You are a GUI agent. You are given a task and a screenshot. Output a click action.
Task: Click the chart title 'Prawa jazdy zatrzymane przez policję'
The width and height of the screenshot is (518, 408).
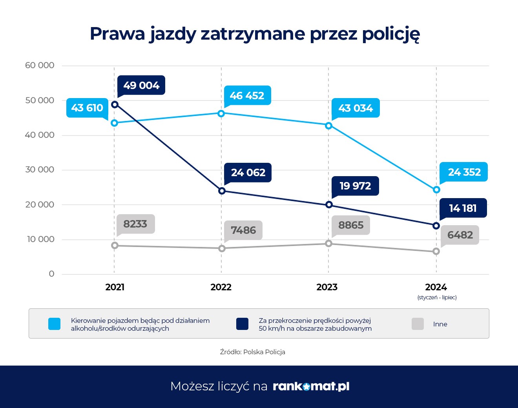click(255, 34)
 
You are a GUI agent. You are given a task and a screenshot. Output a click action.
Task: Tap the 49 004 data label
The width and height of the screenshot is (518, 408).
click(141, 85)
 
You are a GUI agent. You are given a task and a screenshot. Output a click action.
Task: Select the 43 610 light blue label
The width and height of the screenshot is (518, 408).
click(87, 107)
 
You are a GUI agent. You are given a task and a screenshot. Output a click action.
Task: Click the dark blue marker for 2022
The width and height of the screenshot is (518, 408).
click(222, 191)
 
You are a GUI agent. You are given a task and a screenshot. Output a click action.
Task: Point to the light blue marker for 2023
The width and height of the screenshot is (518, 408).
click(329, 126)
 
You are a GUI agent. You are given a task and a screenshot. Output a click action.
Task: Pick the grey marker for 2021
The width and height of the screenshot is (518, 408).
click(115, 246)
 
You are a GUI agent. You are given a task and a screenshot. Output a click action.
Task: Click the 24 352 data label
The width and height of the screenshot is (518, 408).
click(464, 172)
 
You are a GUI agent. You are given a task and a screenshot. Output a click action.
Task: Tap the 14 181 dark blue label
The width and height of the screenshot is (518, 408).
click(463, 208)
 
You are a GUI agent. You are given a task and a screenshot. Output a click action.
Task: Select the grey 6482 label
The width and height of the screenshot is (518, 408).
click(460, 235)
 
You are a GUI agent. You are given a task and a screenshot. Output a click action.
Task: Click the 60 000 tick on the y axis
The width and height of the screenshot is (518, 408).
click(40, 66)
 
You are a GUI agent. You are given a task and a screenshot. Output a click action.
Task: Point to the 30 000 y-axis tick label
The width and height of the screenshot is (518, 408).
click(40, 170)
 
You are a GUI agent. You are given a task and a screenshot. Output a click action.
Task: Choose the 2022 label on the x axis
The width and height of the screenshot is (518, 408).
click(221, 287)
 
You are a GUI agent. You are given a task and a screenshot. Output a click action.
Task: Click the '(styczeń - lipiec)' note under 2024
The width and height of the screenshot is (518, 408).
click(437, 297)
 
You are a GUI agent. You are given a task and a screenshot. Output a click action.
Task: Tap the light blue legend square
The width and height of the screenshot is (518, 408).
click(54, 324)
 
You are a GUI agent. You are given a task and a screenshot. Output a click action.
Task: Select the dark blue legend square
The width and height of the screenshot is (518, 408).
click(242, 324)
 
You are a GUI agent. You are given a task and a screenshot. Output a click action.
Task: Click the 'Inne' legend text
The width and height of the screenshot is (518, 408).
click(440, 324)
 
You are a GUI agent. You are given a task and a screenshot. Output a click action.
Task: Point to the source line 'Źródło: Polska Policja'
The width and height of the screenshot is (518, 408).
click(252, 352)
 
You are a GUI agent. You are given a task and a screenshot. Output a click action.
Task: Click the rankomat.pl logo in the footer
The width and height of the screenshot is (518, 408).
click(311, 386)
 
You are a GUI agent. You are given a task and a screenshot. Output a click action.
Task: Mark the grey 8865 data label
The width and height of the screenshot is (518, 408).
click(351, 225)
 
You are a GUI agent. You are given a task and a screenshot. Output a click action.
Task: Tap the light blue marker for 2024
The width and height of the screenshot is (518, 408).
click(436, 190)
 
